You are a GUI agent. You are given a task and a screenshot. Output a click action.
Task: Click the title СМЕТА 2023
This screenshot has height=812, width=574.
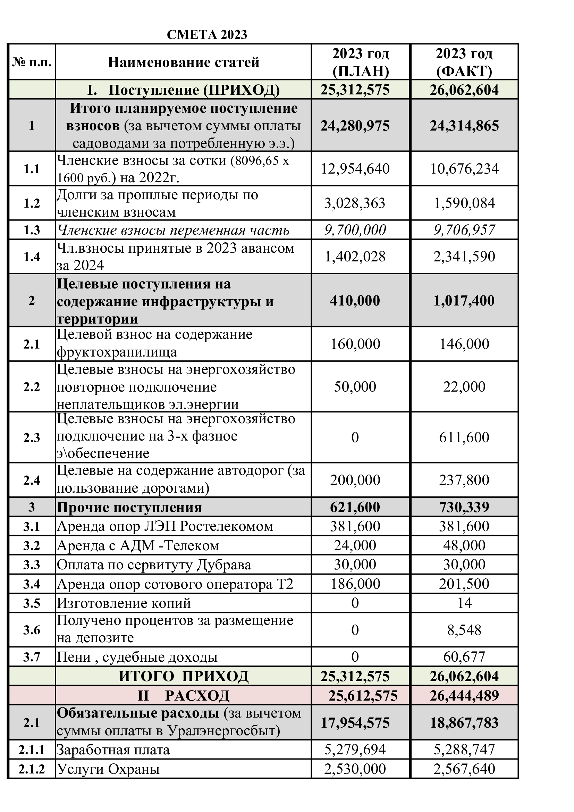click(x=207, y=35)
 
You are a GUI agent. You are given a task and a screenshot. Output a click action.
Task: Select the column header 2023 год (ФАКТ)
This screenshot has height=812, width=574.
click(x=464, y=62)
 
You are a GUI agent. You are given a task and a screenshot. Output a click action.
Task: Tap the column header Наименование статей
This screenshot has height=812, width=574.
click(x=184, y=62)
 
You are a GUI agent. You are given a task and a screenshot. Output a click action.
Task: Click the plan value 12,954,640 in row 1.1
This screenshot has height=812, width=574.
click(x=355, y=169)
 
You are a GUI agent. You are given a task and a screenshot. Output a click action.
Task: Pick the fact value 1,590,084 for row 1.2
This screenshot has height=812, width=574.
click(x=464, y=203)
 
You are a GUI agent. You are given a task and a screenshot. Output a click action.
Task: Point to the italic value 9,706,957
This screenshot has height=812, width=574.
click(x=464, y=230)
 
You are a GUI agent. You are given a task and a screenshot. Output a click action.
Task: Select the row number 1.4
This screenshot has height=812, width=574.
click(x=32, y=257)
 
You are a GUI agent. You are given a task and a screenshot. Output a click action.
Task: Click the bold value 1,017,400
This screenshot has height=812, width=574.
click(x=464, y=301)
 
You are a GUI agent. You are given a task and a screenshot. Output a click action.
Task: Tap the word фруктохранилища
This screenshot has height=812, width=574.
click(x=117, y=352)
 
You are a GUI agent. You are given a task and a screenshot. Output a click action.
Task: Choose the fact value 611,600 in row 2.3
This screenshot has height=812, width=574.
click(x=464, y=437)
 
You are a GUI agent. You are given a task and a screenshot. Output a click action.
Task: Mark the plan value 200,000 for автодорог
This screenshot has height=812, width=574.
click(x=355, y=480)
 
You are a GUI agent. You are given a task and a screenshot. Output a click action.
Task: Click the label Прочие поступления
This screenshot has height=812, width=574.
click(x=129, y=508)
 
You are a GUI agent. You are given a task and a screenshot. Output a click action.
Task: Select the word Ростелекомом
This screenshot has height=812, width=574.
click(x=226, y=527)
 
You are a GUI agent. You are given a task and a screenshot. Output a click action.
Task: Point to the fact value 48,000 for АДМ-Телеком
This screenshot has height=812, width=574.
click(x=464, y=545)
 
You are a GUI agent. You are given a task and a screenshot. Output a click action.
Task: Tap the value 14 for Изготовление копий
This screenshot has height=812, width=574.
click(x=464, y=603)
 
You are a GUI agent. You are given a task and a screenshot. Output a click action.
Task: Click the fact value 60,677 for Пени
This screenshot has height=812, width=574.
click(x=464, y=657)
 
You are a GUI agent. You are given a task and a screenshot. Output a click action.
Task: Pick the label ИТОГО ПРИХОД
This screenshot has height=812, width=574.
click(x=184, y=676)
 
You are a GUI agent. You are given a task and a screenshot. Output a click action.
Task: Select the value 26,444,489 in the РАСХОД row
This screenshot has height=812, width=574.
click(x=464, y=696)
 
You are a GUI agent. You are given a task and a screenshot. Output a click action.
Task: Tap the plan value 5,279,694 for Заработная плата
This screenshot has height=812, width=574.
click(x=355, y=750)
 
